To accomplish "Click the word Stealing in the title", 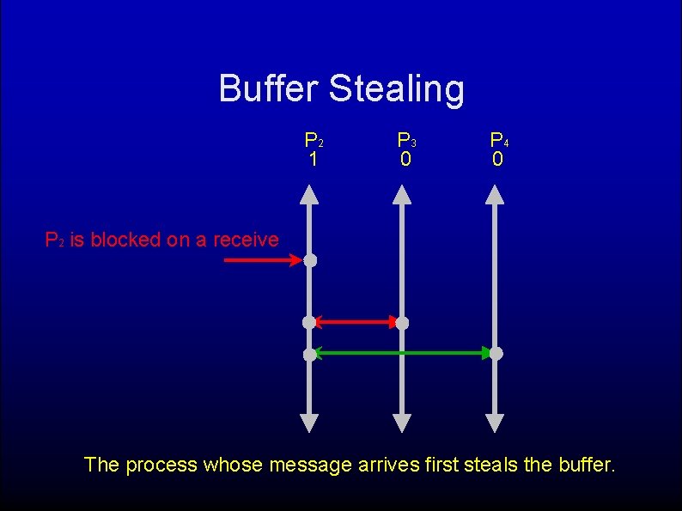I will click(396, 89).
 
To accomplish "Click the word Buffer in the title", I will click(269, 88).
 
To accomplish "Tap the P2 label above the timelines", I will click(314, 139).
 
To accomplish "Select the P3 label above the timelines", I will click(405, 139).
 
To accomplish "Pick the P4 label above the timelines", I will click(498, 139).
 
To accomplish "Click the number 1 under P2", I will click(314, 159).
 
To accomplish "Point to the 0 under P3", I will click(405, 159).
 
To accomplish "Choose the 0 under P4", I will click(497, 159).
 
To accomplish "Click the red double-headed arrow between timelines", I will click(356, 322).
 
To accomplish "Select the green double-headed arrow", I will click(402, 352).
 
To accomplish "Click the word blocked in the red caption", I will click(125, 240).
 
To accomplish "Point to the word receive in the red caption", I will click(246, 240).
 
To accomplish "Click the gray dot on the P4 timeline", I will click(496, 353).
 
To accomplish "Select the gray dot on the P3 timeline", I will click(402, 323).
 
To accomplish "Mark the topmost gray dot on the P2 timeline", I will click(310, 259).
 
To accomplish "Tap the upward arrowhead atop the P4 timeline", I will click(495, 193).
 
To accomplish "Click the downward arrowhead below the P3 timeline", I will click(402, 423).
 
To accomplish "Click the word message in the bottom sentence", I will click(310, 465).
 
